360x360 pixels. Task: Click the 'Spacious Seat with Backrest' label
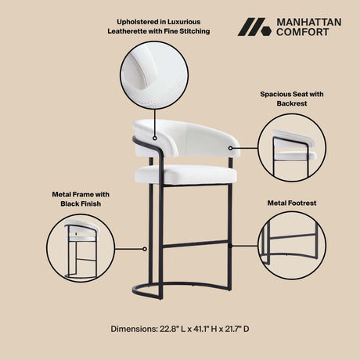click(x=292, y=98)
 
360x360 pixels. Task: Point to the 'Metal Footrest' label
click(x=291, y=202)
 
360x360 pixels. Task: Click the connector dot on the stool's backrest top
click(x=155, y=139)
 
